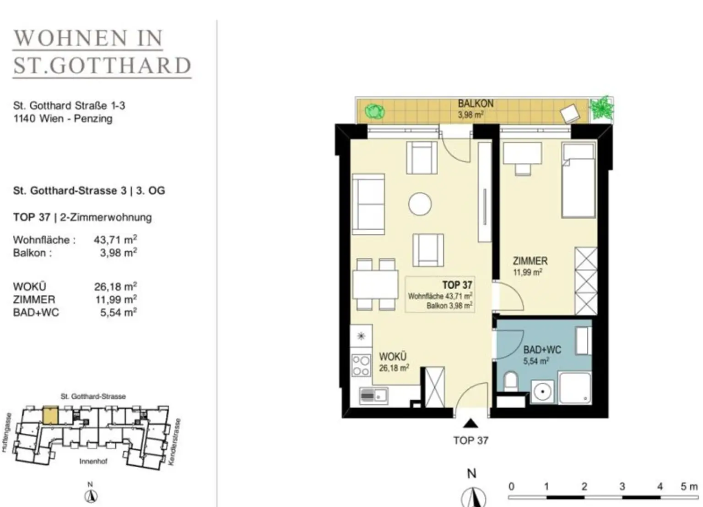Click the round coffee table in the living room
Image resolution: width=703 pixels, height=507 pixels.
[420, 204]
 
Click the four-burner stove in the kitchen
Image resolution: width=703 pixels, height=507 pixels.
[361, 366]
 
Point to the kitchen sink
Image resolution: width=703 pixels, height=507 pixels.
[373, 395]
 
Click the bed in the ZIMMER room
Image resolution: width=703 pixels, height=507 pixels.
[579, 181]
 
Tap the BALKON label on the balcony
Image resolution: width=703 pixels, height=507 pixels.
[476, 104]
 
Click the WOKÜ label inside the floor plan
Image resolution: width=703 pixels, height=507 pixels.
[392, 357]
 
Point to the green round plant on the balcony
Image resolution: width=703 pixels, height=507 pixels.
[374, 111]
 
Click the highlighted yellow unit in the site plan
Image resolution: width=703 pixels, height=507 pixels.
[50, 415]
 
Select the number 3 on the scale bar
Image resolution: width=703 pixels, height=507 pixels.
[622, 486]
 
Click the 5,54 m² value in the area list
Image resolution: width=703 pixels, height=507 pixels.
[118, 313]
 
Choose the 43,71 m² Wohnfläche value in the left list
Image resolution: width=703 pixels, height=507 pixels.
[115, 239]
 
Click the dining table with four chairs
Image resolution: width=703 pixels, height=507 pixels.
[375, 285]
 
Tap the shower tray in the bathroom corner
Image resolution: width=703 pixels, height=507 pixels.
[574, 388]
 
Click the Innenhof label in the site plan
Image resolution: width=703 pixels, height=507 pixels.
[93, 461]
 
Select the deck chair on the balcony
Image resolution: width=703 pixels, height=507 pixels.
[570, 113]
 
